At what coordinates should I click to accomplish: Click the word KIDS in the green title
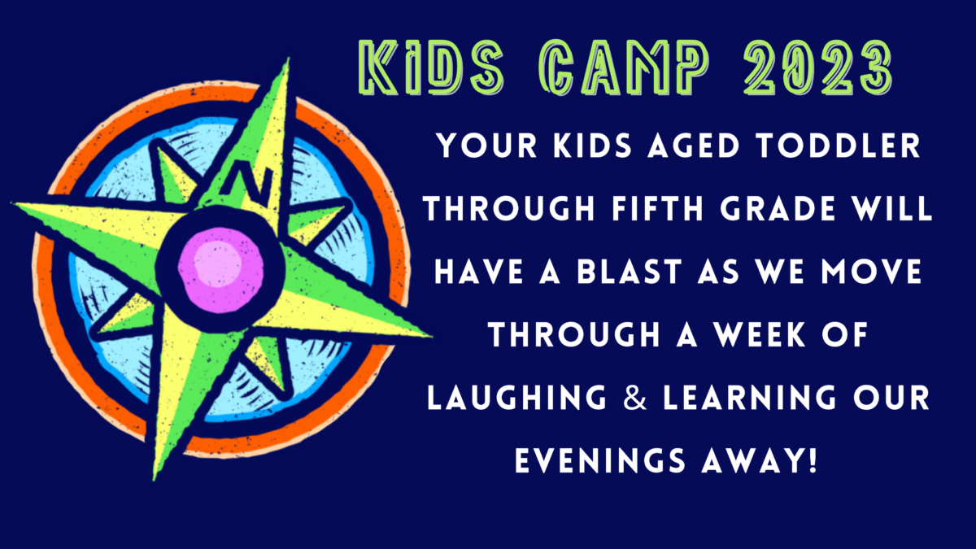tap(431, 67)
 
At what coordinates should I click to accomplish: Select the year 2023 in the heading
tap(818, 67)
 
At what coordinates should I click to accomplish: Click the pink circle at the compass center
tap(221, 270)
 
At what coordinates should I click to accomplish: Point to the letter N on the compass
tap(247, 182)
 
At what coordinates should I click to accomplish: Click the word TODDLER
tap(839, 146)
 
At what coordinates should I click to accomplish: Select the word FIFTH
tap(657, 208)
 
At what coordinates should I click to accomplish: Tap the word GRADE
tap(778, 208)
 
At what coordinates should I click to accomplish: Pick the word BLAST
tap(630, 272)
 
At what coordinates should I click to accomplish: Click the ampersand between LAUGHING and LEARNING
tap(635, 398)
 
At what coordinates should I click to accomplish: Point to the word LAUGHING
tap(516, 398)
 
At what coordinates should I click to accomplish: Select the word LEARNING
tap(750, 398)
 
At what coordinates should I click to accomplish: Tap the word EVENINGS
tap(600, 460)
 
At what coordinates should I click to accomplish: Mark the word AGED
tap(694, 146)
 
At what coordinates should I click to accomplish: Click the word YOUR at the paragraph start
tap(487, 146)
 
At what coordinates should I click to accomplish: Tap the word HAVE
tap(479, 272)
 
